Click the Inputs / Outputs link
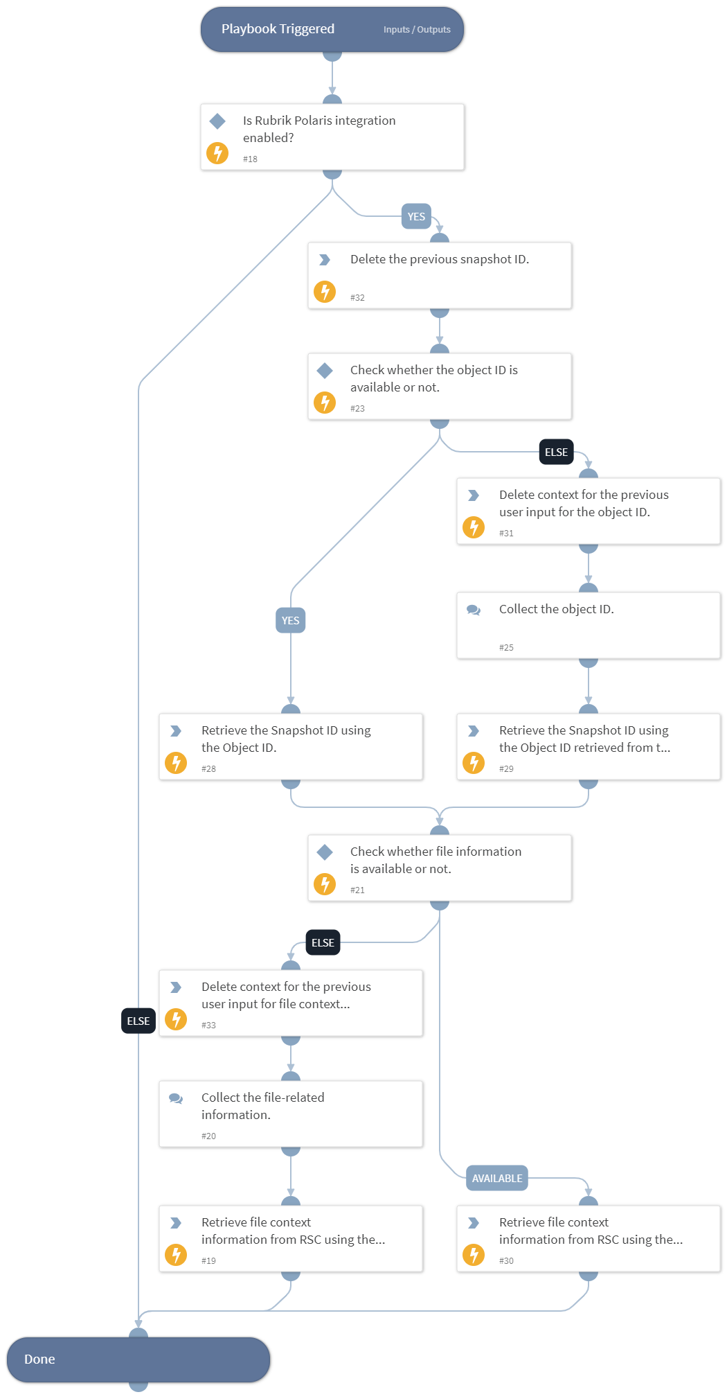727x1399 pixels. [417, 30]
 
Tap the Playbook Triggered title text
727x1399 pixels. [278, 29]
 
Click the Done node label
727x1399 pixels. [39, 1359]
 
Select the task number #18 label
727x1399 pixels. [250, 159]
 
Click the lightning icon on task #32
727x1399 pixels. [325, 292]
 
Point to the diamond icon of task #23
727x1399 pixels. [325, 371]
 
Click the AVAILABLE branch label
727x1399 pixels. [497, 1178]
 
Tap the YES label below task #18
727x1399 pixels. [416, 217]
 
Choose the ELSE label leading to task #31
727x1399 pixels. [556, 452]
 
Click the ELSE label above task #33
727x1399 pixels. [323, 942]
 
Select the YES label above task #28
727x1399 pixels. [291, 620]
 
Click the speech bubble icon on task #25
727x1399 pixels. [474, 610]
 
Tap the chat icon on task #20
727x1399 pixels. [176, 1098]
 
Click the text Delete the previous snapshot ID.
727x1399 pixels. [440, 259]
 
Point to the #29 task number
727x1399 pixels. [506, 769]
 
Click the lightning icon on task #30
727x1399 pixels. [474, 1255]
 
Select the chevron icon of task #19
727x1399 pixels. [176, 1223]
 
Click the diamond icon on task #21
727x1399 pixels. [325, 852]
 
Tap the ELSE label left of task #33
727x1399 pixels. [138, 1021]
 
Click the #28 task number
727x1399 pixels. [208, 769]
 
